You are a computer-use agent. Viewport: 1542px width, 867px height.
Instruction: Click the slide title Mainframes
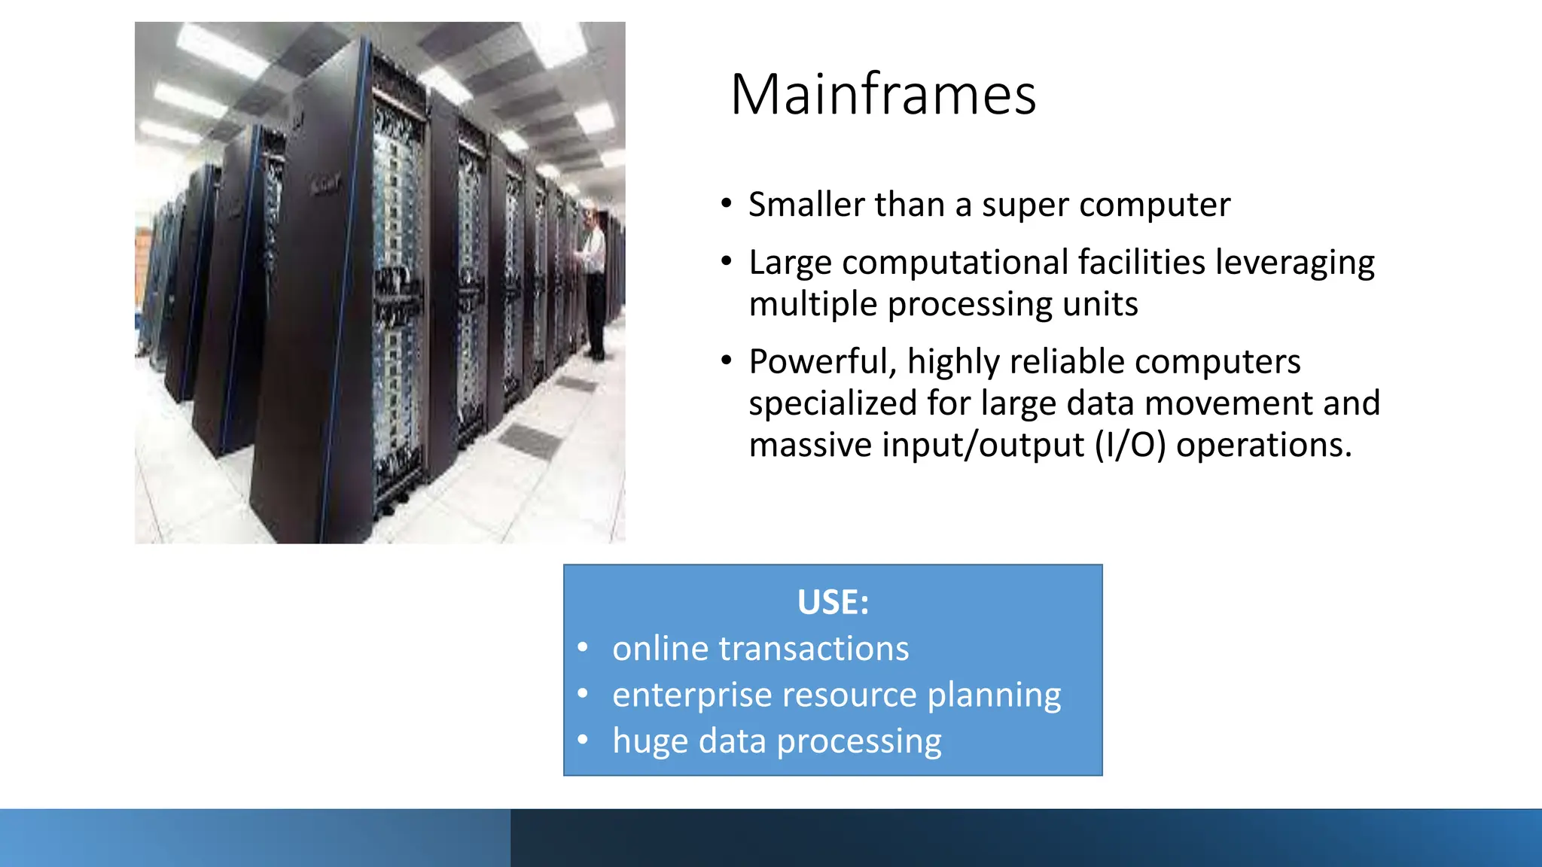coord(883,95)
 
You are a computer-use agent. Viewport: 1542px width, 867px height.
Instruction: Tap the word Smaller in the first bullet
coord(806,205)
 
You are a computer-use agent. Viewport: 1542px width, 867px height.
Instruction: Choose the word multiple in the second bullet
coord(813,305)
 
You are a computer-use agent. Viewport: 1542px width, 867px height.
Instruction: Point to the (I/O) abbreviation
coord(1129,445)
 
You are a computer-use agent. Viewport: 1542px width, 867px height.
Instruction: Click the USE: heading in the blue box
coord(833,602)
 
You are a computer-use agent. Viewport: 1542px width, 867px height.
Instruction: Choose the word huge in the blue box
coord(650,742)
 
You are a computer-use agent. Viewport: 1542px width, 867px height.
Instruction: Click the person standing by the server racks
coord(595,282)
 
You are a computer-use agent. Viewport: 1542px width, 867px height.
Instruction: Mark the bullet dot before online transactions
coord(583,648)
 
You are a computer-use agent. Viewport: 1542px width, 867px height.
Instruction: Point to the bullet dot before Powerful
coord(726,361)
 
